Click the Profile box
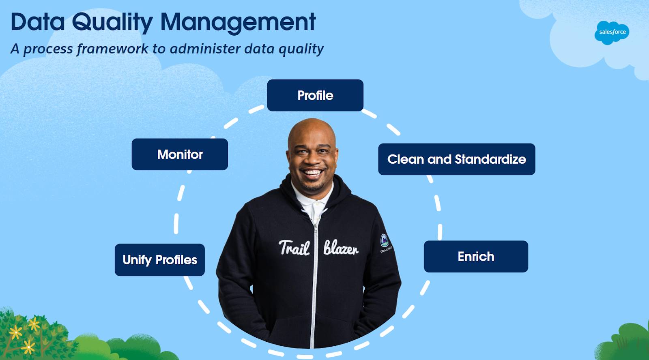(315, 95)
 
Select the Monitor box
(180, 154)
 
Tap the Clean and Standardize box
(456, 159)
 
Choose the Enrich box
(476, 257)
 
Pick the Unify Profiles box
(160, 260)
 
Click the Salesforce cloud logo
(612, 32)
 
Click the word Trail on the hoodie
(294, 248)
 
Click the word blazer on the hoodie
(341, 248)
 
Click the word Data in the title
(38, 22)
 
